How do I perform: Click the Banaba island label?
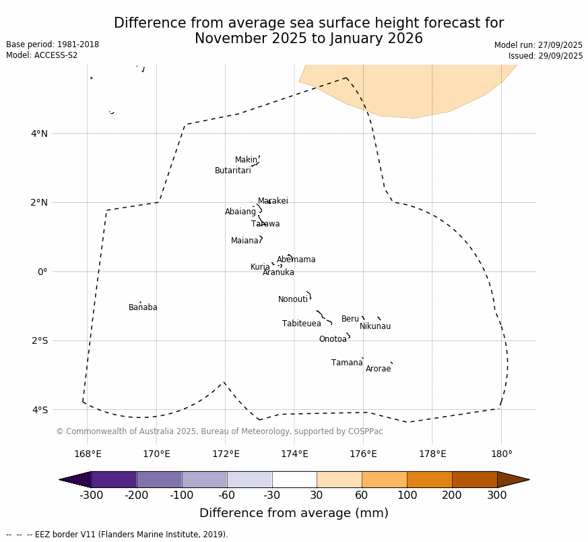[143, 307]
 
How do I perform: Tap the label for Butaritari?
[232, 171]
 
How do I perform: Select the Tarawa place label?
[265, 224]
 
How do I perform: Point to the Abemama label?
[296, 260]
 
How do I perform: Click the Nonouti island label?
[292, 299]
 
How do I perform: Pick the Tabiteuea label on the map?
[301, 324]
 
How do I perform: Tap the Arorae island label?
[378, 369]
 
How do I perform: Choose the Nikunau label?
[374, 326]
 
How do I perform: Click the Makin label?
[246, 160]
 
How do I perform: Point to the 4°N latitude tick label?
[39, 133]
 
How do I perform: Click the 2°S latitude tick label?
[39, 340]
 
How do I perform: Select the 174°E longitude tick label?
[294, 454]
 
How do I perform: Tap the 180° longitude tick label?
[501, 454]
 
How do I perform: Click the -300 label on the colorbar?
[91, 496]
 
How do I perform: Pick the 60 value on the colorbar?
[362, 496]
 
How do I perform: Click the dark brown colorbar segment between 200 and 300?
[474, 479]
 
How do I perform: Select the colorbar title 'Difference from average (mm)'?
[294, 513]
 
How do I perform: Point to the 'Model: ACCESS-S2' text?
[42, 55]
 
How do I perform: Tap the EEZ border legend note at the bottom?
[117, 535]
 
